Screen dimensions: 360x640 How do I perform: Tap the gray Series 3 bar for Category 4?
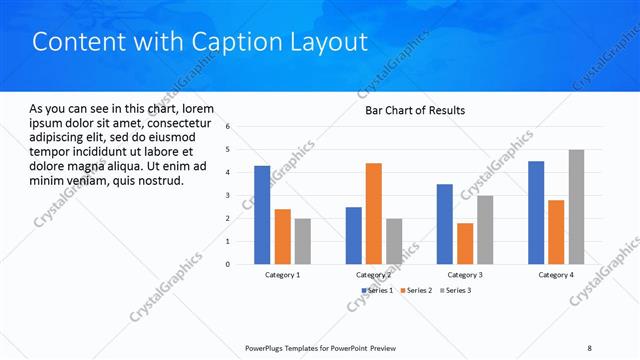click(577, 207)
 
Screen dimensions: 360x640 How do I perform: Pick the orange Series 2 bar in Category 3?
click(465, 243)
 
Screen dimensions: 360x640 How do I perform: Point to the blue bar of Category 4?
click(536, 212)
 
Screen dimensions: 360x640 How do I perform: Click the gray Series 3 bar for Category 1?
click(302, 241)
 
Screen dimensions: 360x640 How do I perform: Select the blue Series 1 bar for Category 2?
click(353, 235)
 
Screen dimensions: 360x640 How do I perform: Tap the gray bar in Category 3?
click(485, 230)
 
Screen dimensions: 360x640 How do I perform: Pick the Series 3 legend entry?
click(456, 290)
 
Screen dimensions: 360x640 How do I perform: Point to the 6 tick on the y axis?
click(228, 127)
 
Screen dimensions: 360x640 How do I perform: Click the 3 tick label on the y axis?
click(228, 196)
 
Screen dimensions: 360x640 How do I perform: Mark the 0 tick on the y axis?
click(228, 265)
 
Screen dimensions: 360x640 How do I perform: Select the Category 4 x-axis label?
click(556, 275)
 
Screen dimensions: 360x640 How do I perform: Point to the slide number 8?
click(590, 347)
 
